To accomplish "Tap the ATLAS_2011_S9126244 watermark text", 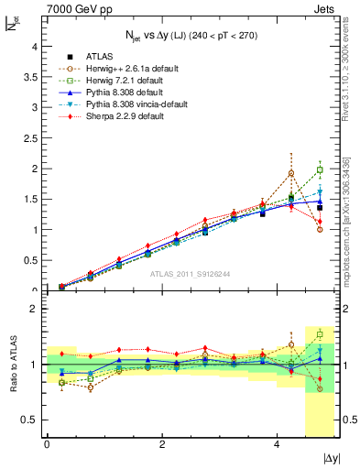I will tap(191, 274).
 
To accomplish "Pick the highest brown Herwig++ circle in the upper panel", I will tap(291, 173).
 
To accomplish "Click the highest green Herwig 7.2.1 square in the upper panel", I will tap(320, 169).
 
